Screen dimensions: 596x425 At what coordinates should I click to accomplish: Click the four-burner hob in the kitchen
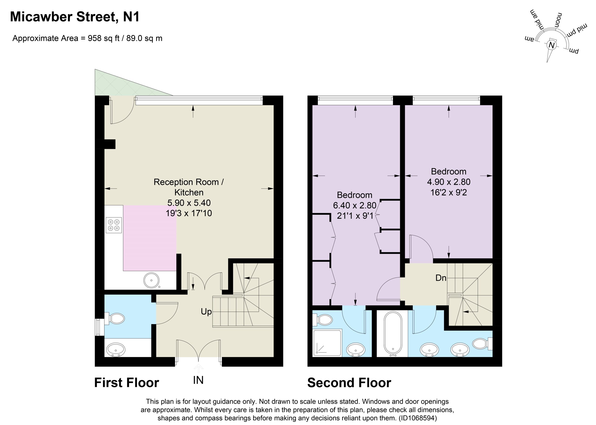114,225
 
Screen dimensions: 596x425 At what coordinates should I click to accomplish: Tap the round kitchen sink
151,280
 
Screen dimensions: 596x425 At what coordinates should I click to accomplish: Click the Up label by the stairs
206,312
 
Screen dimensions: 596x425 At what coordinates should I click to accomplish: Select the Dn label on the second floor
441,278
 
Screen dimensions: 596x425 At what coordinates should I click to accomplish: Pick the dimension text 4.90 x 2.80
449,182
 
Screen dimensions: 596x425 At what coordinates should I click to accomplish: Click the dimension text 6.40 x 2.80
355,206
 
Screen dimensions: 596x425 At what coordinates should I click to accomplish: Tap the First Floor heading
127,383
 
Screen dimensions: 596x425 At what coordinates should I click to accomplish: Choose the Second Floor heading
349,383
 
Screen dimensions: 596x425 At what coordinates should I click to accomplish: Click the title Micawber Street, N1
75,17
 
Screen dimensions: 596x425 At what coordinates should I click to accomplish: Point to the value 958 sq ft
104,38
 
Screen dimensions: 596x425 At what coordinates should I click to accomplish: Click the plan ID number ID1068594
418,418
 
